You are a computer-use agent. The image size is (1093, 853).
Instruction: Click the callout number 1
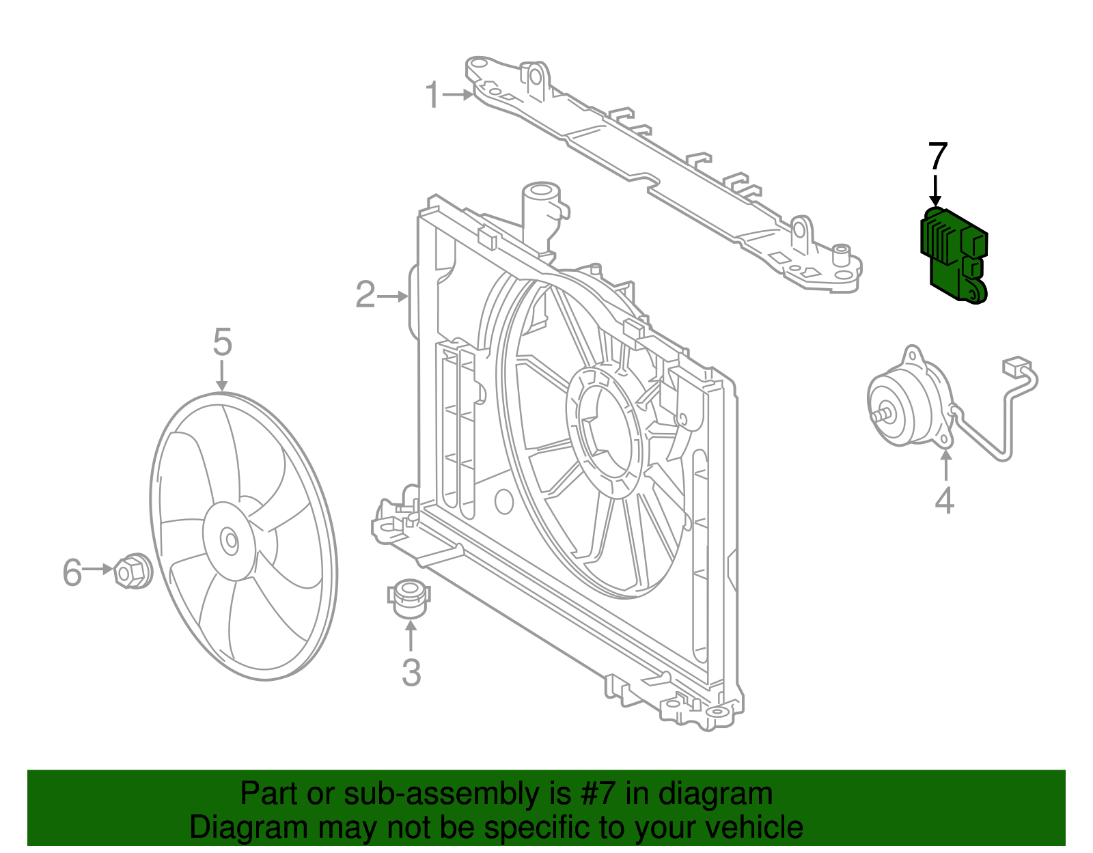coord(432,95)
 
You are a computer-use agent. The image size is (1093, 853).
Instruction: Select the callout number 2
coord(365,295)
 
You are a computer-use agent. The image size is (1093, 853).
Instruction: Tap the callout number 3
coord(411,673)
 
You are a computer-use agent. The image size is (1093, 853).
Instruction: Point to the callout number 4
coord(944,501)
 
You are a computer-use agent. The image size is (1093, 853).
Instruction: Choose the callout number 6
coord(72,572)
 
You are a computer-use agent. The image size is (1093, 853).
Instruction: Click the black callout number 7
coord(937,157)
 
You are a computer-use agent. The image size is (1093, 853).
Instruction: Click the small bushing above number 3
coord(409,595)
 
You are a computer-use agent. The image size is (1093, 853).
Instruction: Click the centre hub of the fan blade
coord(230,542)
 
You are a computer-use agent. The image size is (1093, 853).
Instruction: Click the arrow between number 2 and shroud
coord(392,296)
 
